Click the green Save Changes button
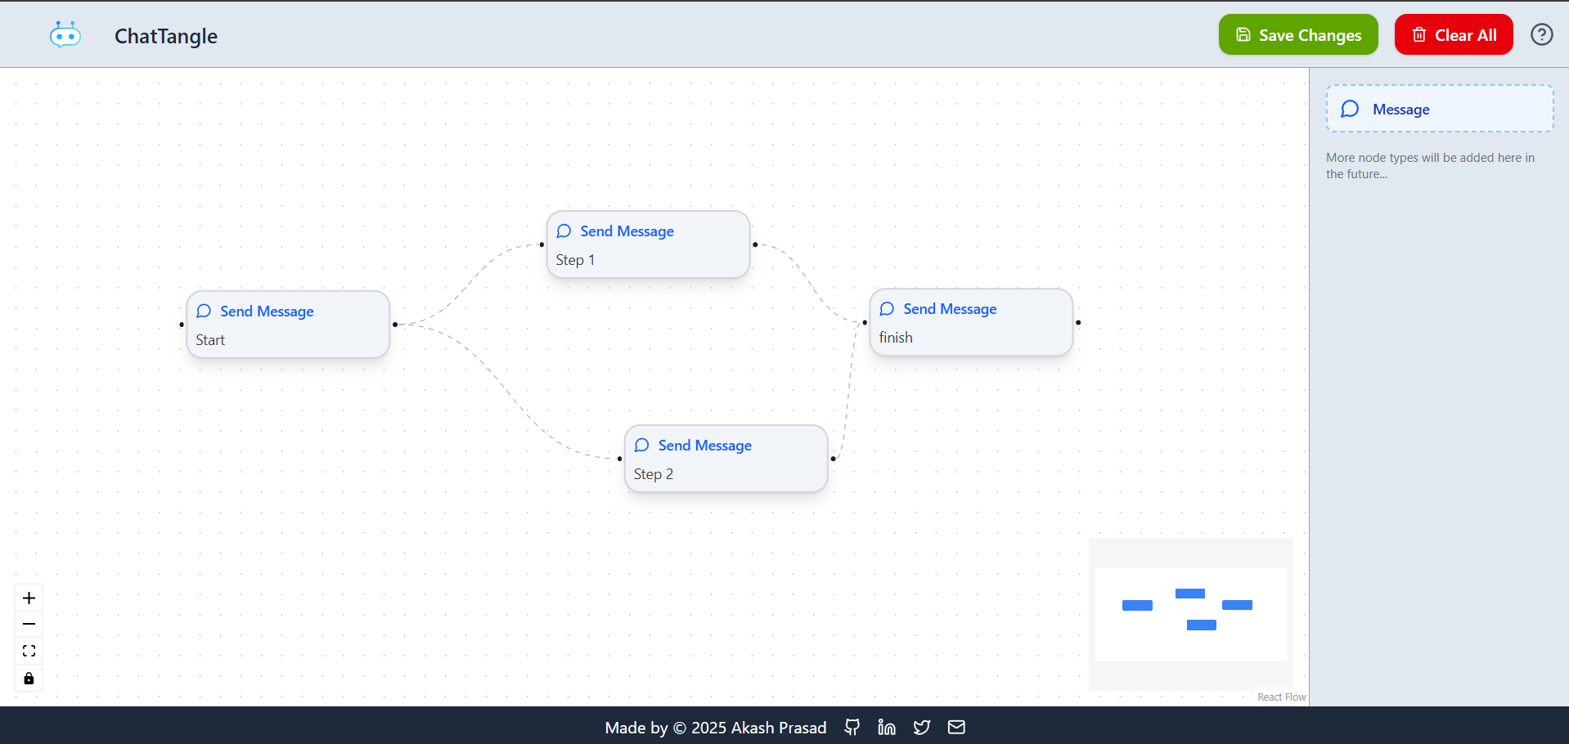[x=1298, y=34]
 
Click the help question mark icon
[x=1542, y=34]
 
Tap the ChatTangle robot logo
[x=65, y=35]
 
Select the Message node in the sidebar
[x=1440, y=109]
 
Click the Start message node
[x=288, y=325]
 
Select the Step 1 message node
[x=648, y=244]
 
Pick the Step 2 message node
[x=726, y=459]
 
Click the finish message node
[x=971, y=322]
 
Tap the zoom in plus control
[x=29, y=598]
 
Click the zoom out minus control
[x=29, y=625]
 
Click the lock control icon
[x=29, y=679]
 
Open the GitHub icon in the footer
[x=852, y=728]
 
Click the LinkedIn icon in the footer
[x=887, y=728]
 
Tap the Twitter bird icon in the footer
[x=922, y=728]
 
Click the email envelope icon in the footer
[x=956, y=728]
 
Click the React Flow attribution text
[x=1282, y=697]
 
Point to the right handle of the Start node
[x=395, y=325]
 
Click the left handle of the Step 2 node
[x=619, y=459]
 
